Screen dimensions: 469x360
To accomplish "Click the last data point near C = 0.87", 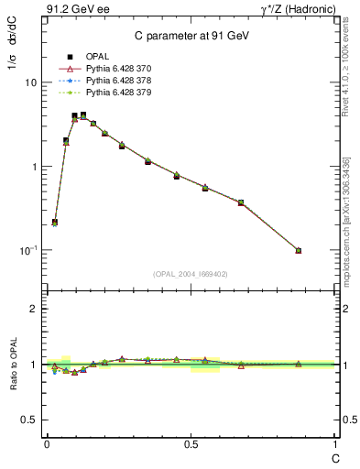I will pyautogui.click(x=299, y=250).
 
